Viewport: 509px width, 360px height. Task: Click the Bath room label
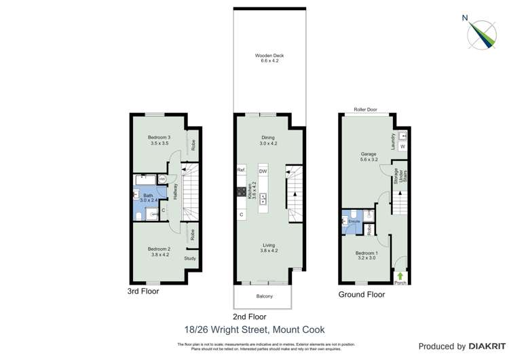tap(148, 197)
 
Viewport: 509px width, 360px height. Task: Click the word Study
tap(190, 258)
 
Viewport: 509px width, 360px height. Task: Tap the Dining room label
tap(268, 141)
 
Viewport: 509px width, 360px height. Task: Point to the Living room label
tap(269, 248)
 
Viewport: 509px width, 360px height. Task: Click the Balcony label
tap(264, 296)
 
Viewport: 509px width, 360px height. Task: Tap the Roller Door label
tap(365, 109)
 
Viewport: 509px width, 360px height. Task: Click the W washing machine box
tap(402, 147)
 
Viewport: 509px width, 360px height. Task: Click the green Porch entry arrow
tap(400, 276)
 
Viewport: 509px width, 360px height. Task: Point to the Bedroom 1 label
tap(366, 255)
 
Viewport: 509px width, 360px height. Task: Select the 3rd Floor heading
tap(143, 291)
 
